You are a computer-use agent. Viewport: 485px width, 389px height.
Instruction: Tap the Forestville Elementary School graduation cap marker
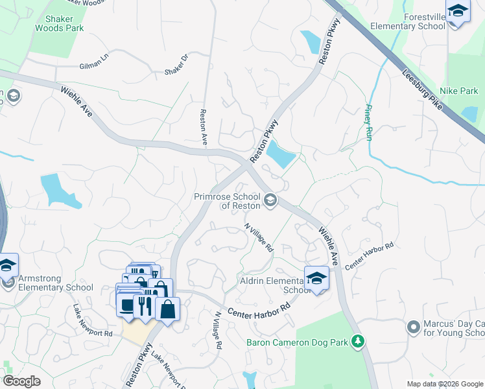coord(457,11)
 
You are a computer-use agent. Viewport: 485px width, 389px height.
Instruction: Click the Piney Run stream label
coord(369,123)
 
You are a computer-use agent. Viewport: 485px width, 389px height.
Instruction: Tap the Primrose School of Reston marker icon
coord(270,200)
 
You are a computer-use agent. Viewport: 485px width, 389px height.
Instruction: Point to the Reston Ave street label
coord(203,126)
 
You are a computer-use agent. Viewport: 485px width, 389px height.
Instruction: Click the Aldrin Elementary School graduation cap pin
coord(316,279)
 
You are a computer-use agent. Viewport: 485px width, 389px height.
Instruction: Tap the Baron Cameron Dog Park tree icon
coord(357,341)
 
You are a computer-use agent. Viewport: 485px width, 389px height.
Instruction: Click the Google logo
coord(22,381)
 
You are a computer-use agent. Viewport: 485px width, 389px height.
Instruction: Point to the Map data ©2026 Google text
coord(444,384)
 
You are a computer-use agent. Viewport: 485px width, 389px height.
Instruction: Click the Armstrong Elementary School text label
coord(56,283)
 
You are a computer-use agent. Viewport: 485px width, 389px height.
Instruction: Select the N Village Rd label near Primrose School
coord(259,238)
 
